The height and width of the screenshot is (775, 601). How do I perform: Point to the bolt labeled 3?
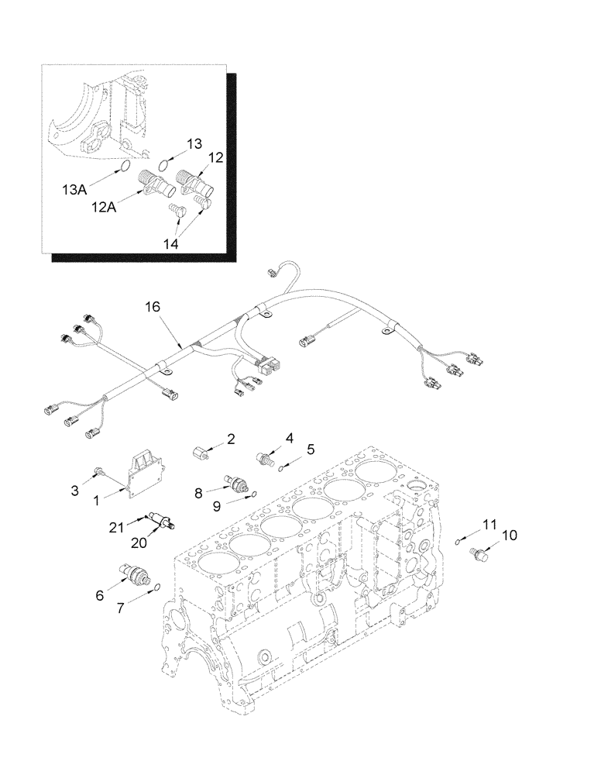click(99, 469)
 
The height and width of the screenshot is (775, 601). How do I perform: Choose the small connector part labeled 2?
click(202, 450)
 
